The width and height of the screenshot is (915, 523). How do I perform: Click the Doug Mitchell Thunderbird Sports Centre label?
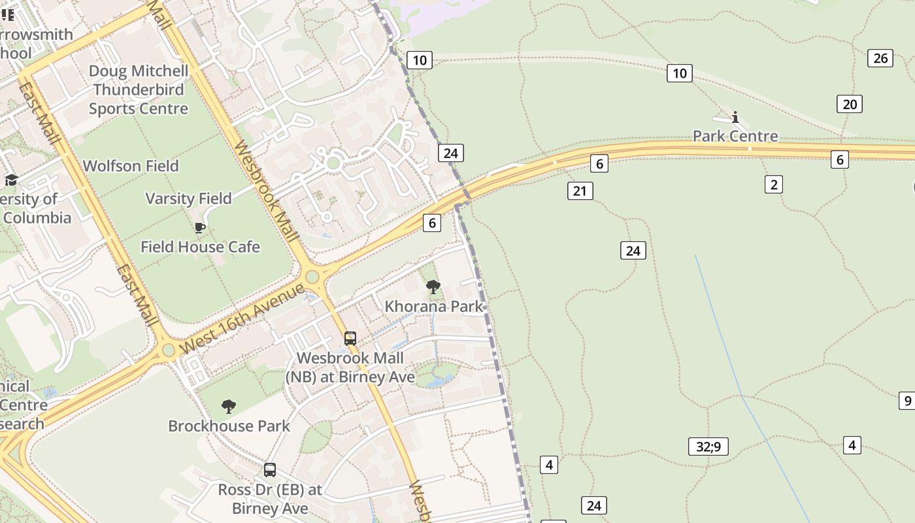pos(138,90)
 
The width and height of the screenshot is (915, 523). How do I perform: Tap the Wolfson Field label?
pos(131,166)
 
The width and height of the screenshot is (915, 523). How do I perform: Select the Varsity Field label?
pos(188,199)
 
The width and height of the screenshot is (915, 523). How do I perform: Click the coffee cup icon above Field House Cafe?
pos(200,228)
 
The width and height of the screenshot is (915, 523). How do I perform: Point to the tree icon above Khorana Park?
pos(433,286)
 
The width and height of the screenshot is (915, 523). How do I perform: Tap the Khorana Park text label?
pos(434,306)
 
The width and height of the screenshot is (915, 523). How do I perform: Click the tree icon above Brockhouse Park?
pos(229,407)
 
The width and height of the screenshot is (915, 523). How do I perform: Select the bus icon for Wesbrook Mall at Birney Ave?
pos(350,339)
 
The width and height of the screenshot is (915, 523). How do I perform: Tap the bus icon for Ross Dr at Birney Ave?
pos(270,469)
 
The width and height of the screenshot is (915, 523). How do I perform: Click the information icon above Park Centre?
pos(735,117)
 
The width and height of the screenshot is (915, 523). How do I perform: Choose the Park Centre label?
pos(735,136)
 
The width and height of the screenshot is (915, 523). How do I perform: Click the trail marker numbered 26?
pos(880,58)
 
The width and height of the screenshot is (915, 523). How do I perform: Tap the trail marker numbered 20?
pos(850,104)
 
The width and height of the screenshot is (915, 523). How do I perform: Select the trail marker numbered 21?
pos(580,191)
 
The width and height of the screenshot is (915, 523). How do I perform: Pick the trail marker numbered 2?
pos(774,184)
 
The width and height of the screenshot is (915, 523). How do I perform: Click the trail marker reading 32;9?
pos(708,447)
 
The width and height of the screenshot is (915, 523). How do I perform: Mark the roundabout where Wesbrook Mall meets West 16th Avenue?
pos(312,277)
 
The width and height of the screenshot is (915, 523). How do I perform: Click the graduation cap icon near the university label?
pos(11,180)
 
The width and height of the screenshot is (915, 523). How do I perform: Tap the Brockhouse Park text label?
pos(229,426)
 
